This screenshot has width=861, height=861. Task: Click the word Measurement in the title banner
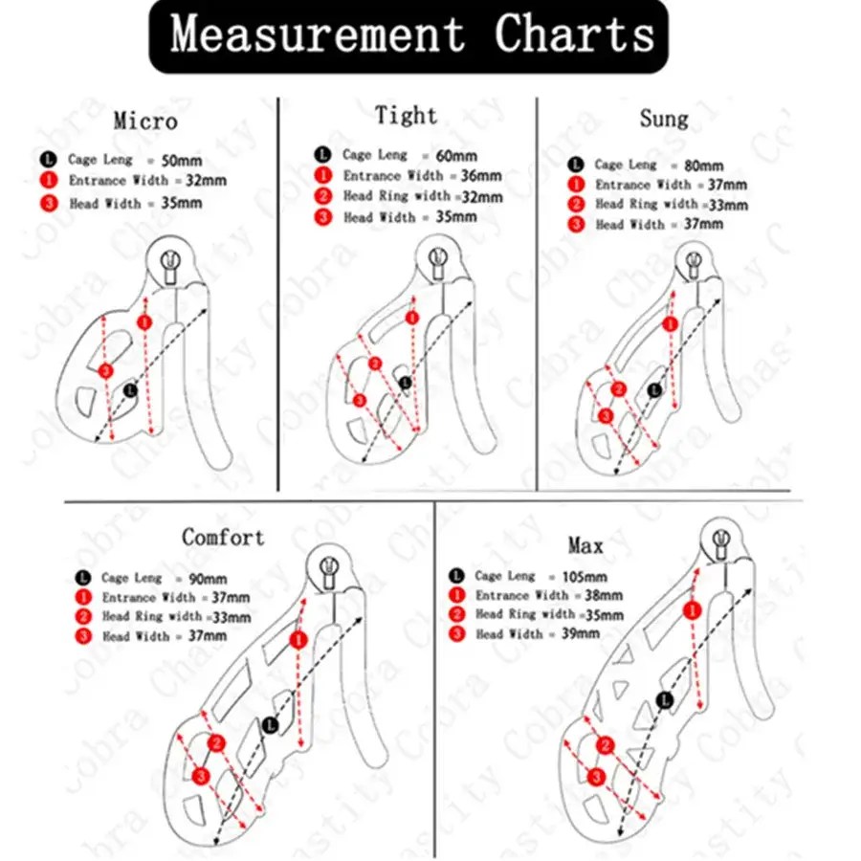click(317, 34)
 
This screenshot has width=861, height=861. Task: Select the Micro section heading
click(145, 121)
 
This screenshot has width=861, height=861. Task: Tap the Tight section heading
click(407, 116)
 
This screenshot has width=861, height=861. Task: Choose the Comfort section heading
click(223, 537)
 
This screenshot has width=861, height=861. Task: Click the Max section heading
click(585, 546)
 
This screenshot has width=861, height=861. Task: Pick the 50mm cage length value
click(181, 161)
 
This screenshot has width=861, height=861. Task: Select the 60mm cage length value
click(456, 156)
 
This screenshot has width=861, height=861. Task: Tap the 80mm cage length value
click(703, 166)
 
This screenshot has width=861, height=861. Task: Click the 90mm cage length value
click(208, 579)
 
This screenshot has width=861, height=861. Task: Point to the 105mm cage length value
click(585, 577)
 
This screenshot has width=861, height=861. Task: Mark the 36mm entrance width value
click(481, 176)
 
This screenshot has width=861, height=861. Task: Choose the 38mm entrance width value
click(604, 595)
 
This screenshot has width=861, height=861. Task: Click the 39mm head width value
click(580, 633)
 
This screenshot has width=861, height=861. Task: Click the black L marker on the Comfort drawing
click(270, 725)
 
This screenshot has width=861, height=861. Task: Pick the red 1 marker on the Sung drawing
click(670, 324)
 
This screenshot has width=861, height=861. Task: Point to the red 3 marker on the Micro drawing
click(105, 371)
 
